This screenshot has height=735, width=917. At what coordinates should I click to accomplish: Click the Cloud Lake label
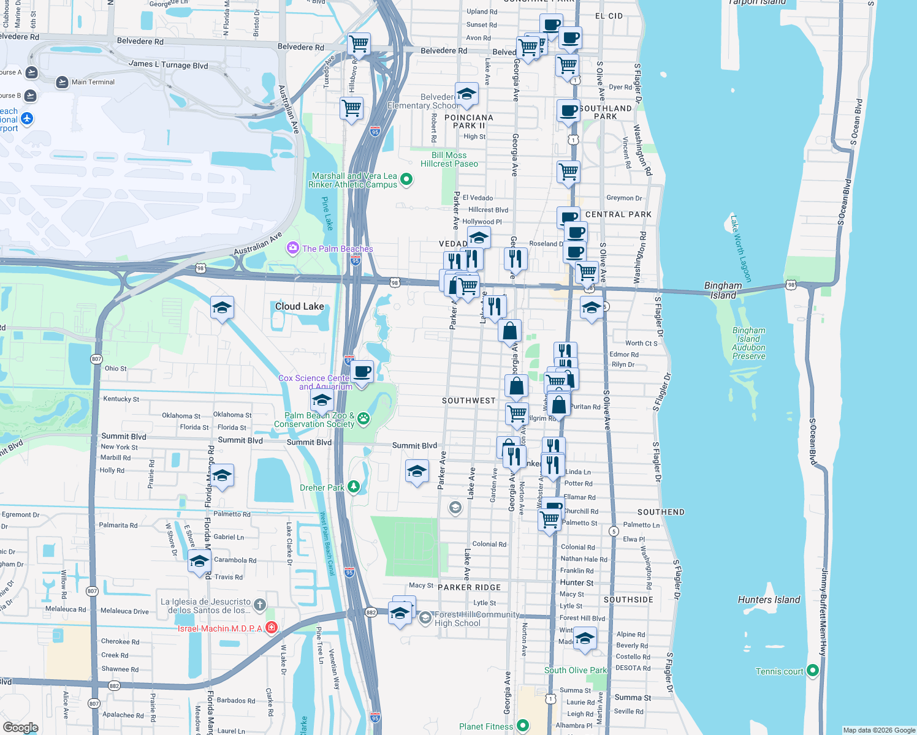pyautogui.click(x=299, y=306)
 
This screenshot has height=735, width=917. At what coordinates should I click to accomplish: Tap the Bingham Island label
pyautogui.click(x=723, y=290)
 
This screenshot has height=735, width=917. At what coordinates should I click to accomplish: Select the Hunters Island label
pyautogui.click(x=769, y=600)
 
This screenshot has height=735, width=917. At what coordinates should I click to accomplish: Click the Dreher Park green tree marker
pyautogui.click(x=354, y=487)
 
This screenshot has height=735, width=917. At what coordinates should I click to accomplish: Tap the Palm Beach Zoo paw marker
pyautogui.click(x=363, y=418)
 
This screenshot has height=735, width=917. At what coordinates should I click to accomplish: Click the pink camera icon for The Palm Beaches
pyautogui.click(x=293, y=248)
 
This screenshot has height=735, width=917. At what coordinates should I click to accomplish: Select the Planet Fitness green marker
pyautogui.click(x=522, y=726)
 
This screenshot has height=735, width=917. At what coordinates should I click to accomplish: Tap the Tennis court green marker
pyautogui.click(x=813, y=671)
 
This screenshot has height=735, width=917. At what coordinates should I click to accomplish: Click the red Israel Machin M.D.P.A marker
pyautogui.click(x=272, y=628)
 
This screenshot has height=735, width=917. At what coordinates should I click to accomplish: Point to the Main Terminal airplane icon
pyautogui.click(x=62, y=82)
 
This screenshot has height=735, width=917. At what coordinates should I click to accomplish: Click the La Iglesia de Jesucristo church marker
pyautogui.click(x=260, y=605)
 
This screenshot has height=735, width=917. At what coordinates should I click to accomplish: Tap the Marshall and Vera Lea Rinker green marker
pyautogui.click(x=406, y=179)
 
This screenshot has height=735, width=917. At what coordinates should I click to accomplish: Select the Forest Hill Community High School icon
pyautogui.click(x=425, y=618)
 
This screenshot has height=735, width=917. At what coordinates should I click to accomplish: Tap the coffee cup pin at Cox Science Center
pyautogui.click(x=362, y=371)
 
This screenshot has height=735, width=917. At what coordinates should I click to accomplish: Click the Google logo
pyautogui.click(x=20, y=728)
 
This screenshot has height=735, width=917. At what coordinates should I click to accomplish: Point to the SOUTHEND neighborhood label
pyautogui.click(x=661, y=512)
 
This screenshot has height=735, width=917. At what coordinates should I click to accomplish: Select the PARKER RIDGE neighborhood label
pyautogui.click(x=469, y=587)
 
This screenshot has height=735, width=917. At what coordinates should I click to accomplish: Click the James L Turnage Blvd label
pyautogui.click(x=168, y=64)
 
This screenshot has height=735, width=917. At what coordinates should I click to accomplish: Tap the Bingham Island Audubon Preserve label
pyautogui.click(x=748, y=343)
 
